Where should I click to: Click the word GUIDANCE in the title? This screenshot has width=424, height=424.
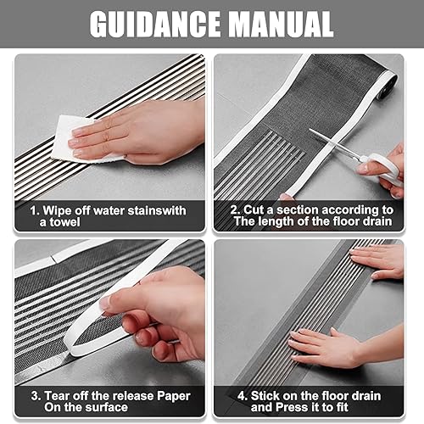tap(155, 25)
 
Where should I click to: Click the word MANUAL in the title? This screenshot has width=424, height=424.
tap(282, 25)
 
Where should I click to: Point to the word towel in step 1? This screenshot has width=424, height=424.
tap(59, 222)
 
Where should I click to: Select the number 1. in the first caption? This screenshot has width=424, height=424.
tap(35, 211)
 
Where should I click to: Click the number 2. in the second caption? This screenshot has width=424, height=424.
tap(235, 210)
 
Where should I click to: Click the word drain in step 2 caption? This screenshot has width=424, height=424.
tap(377, 221)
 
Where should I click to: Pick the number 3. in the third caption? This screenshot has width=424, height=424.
tap(36, 396)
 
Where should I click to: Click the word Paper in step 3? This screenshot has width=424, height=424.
tap(174, 397)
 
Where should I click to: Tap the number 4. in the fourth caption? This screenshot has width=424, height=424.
tap(243, 396)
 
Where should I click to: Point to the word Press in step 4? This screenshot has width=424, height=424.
tap(293, 407)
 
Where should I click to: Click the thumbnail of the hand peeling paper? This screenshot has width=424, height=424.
tap(106, 303)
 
